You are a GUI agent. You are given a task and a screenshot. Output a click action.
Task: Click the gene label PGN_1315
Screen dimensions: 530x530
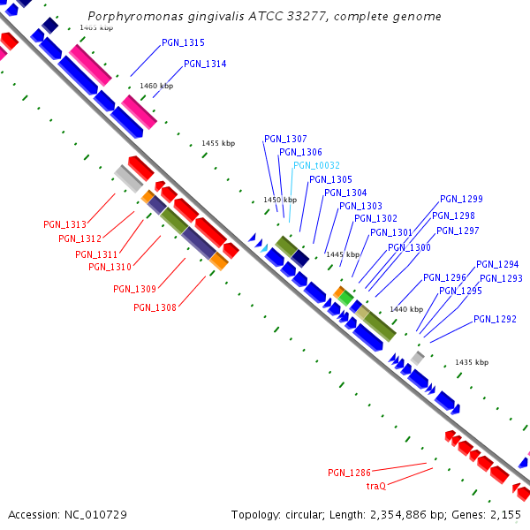coord(183,42)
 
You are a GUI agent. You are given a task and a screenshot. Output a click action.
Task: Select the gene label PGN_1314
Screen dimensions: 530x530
coord(205,64)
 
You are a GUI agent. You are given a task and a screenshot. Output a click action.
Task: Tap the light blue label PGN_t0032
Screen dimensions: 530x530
coord(316,165)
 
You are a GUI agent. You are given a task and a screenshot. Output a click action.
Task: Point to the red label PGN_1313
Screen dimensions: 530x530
coord(64,224)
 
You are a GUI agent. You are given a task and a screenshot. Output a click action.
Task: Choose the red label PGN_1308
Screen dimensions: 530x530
coord(155,307)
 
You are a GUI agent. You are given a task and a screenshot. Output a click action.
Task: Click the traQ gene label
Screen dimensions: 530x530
coord(376,486)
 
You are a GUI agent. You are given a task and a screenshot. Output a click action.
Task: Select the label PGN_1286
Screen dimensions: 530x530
coord(349,473)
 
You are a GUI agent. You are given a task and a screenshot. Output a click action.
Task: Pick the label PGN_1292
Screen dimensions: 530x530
coord(495,319)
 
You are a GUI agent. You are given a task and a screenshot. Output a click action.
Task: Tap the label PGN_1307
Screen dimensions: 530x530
coord(285,139)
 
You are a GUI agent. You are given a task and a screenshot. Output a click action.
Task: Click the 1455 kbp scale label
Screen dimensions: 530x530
coord(218,143)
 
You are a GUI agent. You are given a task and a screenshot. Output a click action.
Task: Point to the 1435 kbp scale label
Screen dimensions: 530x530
coord(472,362)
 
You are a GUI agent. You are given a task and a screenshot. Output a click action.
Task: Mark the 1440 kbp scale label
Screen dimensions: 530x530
coord(406,309)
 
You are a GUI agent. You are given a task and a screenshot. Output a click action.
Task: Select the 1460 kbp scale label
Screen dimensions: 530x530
coord(156,86)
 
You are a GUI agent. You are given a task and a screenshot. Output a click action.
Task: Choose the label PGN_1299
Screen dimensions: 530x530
coord(461,199)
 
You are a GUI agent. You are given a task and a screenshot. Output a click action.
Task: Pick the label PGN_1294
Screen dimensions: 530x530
coord(497,264)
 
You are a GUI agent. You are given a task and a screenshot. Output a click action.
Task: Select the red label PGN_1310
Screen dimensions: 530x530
coord(110,267)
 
